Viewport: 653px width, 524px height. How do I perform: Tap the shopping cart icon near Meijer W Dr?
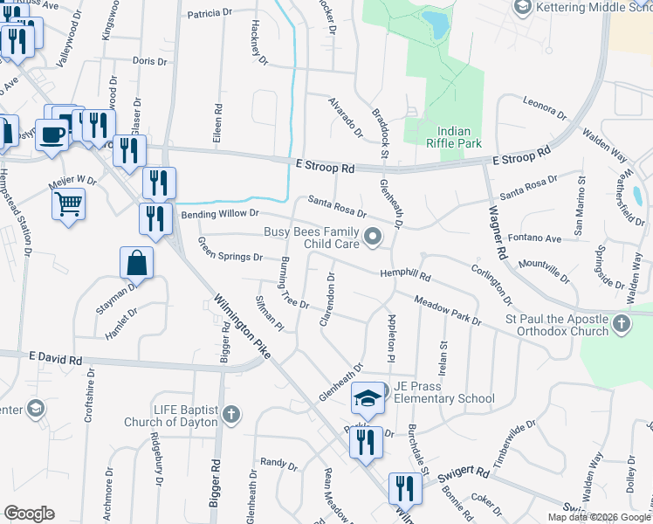(x=68, y=204)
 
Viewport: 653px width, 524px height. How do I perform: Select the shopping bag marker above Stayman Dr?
(x=137, y=261)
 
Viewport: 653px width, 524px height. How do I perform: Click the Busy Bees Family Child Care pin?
(x=373, y=237)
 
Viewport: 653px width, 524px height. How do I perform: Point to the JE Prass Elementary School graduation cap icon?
(x=368, y=399)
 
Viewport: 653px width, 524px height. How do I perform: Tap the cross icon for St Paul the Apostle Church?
(x=621, y=325)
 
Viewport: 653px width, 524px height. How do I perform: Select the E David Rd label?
(x=55, y=359)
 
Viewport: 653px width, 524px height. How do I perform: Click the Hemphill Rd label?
(x=405, y=275)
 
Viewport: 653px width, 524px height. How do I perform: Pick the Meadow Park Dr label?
(x=448, y=310)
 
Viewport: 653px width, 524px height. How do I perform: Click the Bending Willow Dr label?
(x=220, y=213)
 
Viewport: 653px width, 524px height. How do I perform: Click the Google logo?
(x=29, y=514)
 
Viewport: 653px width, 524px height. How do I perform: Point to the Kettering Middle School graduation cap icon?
(x=523, y=8)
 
